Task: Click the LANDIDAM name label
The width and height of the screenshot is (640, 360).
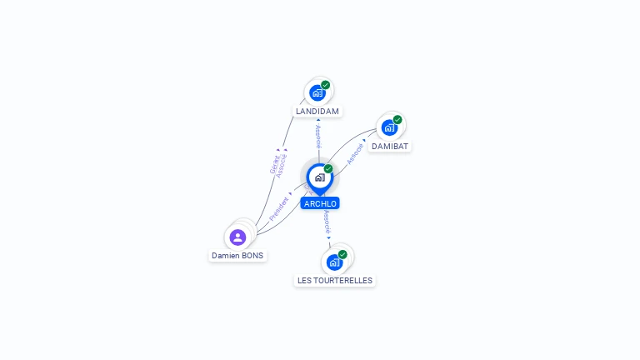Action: pos(318,111)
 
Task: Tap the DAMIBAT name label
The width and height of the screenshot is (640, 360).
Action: pos(390,146)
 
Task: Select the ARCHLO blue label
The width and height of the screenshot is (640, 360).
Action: pos(321,203)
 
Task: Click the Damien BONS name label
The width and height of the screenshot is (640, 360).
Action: pos(237,256)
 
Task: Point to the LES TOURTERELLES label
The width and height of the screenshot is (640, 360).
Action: pos(335,281)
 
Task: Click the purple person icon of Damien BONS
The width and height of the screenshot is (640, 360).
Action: pos(237,237)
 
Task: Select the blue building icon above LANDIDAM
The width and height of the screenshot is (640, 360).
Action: pos(317,92)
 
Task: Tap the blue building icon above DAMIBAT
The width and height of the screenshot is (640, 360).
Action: pos(388,127)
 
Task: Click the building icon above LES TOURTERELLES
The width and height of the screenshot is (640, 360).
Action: pos(334,262)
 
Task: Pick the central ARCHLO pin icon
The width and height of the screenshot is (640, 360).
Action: pos(319,177)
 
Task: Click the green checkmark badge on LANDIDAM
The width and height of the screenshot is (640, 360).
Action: pos(326,84)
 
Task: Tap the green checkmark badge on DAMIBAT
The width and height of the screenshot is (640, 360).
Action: pos(397,119)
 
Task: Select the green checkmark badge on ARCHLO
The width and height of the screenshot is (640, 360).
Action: pos(328,168)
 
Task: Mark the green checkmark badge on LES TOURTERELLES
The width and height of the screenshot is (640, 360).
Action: pos(342,254)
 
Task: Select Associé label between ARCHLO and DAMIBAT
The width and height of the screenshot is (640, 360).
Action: pos(356,152)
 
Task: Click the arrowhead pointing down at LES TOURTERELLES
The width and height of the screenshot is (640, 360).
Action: pos(330,238)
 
